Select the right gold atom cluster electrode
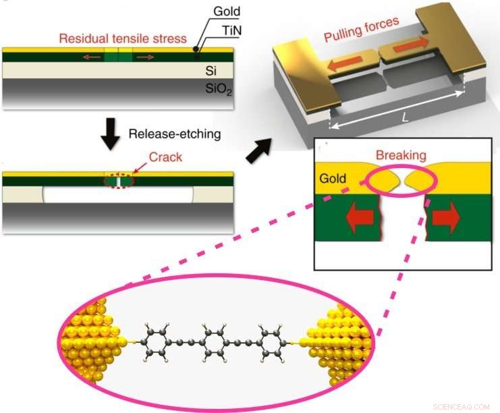pyautogui.click(x=341, y=341)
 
